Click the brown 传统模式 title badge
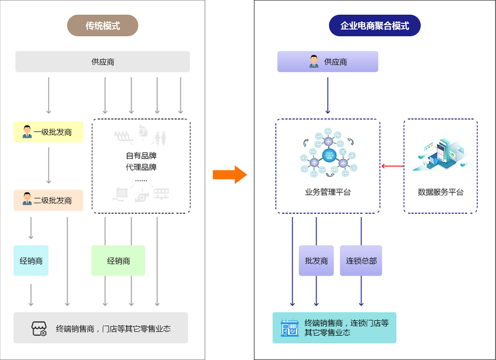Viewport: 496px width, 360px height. click(103, 25)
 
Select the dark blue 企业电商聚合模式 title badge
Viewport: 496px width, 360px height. click(374, 25)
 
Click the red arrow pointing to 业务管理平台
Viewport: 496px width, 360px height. click(393, 166)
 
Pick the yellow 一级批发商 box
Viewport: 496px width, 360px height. click(48, 132)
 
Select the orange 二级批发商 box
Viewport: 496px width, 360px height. click(48, 200)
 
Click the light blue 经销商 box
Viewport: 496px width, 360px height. click(31, 261)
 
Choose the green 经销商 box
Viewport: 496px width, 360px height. click(118, 261)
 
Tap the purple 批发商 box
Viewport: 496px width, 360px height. click(316, 261)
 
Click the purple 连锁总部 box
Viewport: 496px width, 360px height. click(361, 261)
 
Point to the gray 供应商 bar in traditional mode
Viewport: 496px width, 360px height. click(103, 62)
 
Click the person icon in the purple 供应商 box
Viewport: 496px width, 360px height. click(314, 62)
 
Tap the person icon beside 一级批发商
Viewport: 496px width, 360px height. click(27, 132)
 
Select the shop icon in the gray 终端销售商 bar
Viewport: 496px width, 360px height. click(39, 328)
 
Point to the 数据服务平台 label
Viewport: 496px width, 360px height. click(441, 192)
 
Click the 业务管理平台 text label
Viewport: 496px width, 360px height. click(328, 192)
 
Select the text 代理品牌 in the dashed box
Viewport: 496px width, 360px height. click(141, 167)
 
